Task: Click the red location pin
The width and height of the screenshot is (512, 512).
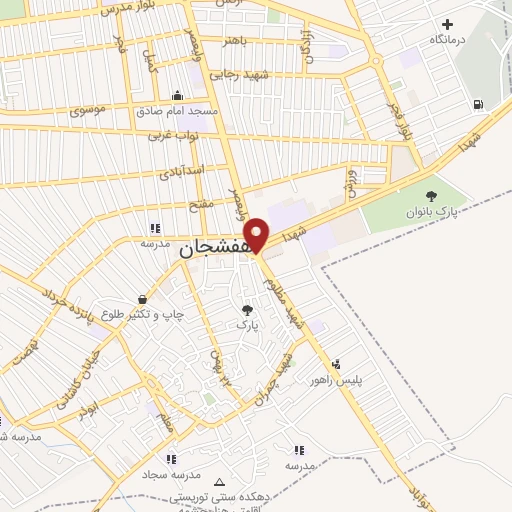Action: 257,234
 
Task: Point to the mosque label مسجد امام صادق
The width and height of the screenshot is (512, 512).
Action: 177,110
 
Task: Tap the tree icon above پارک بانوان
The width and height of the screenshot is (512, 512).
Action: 432,196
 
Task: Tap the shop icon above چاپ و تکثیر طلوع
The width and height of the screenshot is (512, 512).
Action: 144,299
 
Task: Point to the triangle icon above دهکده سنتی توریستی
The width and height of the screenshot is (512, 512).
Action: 220,481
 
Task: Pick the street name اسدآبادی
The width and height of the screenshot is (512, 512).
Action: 182,171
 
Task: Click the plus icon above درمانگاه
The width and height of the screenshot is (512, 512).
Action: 447,23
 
